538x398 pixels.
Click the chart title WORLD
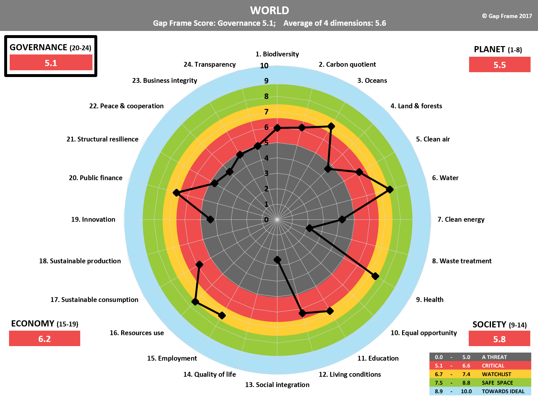269,10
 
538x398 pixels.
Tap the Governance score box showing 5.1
51,63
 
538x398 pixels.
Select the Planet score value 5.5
499,65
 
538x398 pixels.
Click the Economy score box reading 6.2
44,339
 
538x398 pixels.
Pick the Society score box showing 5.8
499,339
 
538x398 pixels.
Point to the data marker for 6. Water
390,189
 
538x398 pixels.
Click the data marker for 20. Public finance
176,193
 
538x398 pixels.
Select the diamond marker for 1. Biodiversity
277,128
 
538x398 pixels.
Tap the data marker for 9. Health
375,276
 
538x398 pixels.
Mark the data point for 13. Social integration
277,259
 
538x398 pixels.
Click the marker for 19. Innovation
210,219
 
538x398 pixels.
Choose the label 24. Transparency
209,64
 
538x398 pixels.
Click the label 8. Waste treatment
462,261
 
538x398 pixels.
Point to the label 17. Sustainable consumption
94,300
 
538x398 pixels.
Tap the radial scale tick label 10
264,66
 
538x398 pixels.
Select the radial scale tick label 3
266,173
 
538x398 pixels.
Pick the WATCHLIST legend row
480,374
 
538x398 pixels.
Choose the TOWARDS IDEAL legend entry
480,391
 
